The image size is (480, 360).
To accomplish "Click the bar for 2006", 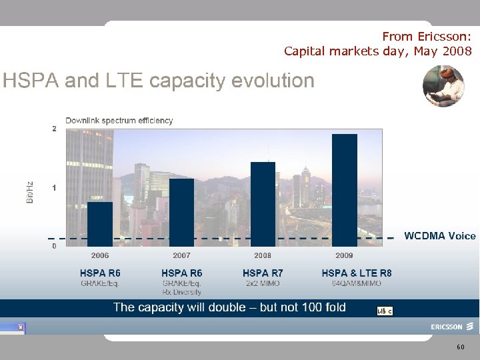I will click(100, 224).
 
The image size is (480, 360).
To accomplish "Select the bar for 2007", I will click(181, 212).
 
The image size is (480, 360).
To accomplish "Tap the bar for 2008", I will click(263, 204).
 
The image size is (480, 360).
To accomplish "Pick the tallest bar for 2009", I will click(344, 190).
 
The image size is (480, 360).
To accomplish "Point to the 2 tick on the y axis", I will click(55, 129).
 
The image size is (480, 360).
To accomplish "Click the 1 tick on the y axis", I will click(55, 189).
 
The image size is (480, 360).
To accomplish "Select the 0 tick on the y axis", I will click(55, 246).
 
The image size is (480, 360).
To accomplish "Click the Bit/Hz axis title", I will click(30, 192).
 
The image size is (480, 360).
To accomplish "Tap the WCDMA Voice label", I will click(439, 236).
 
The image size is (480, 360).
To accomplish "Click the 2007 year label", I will click(181, 255).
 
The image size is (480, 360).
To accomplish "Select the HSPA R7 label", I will click(263, 273).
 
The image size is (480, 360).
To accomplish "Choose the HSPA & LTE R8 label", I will click(357, 273).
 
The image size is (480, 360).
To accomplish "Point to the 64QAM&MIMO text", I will click(357, 284).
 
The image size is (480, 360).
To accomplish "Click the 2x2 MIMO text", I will click(262, 284).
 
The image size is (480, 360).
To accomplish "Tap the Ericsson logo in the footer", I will click(451, 327).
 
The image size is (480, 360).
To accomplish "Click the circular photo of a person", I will click(443, 86).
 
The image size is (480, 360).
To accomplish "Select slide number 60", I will click(461, 347).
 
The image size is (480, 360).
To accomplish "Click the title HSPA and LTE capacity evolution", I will click(159, 81).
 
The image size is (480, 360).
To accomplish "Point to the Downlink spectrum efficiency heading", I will click(119, 121).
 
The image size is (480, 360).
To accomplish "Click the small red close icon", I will click(21, 327).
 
